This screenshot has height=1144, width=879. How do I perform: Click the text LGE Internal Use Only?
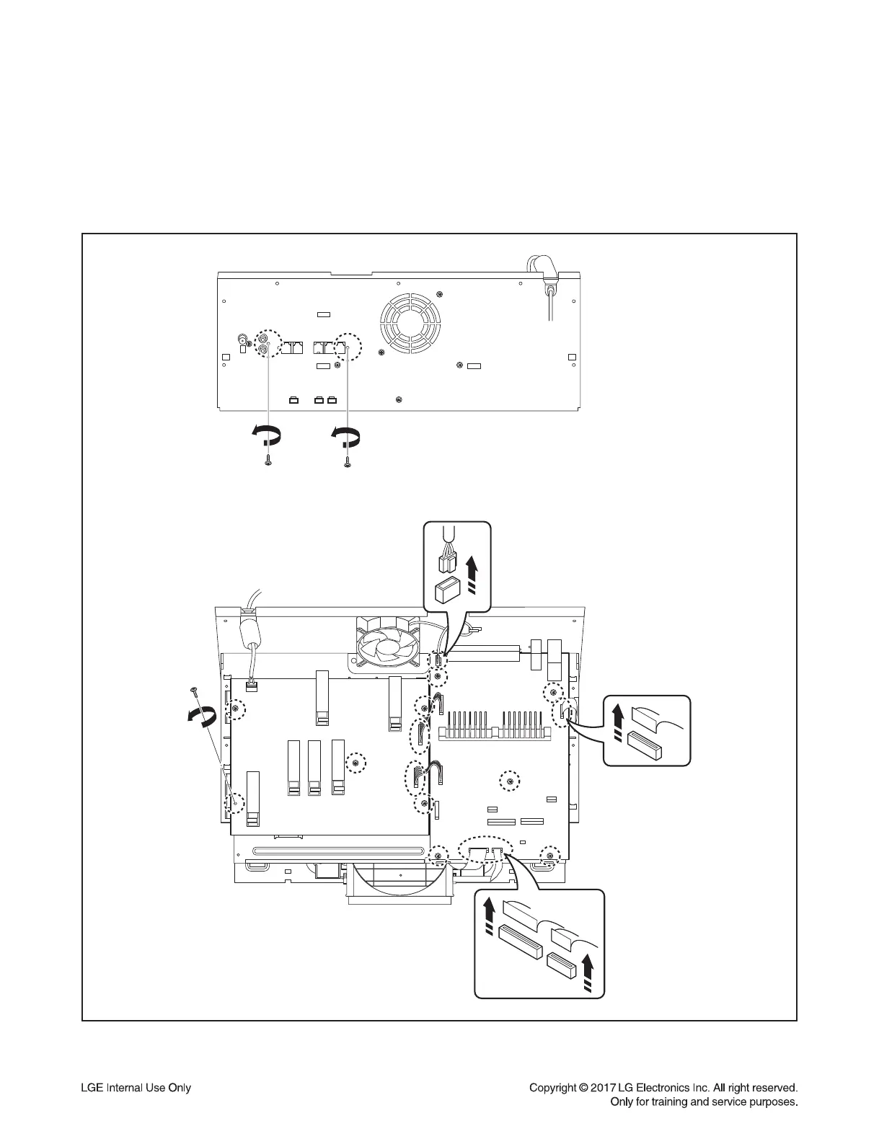click(135, 1088)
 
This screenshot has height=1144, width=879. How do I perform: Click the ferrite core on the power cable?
click(249, 636)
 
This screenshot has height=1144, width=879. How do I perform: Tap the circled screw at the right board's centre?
click(510, 780)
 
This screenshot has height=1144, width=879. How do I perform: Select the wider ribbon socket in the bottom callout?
click(518, 943)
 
